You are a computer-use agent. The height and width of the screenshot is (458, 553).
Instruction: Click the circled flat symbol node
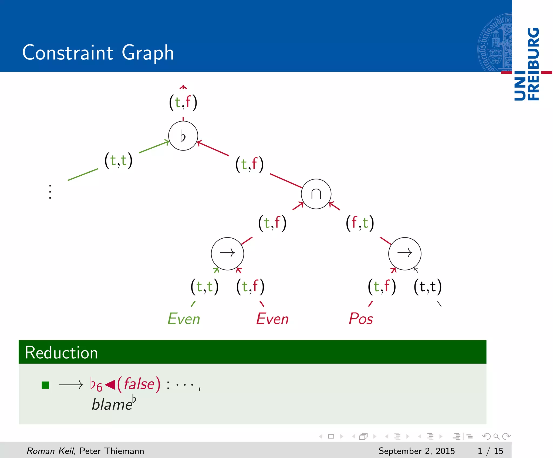(x=183, y=136)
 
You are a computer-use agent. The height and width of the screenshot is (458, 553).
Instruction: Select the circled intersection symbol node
(x=316, y=194)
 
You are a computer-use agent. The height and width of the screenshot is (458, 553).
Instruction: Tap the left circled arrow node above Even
(x=227, y=253)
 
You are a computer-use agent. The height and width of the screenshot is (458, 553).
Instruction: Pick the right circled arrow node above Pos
(x=404, y=253)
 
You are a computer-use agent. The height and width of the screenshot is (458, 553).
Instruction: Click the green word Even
(x=184, y=319)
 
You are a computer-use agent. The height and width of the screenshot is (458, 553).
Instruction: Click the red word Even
(x=272, y=319)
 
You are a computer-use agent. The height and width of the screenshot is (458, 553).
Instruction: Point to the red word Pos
(x=361, y=319)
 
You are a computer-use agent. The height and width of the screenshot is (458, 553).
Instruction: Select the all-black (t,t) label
(x=427, y=286)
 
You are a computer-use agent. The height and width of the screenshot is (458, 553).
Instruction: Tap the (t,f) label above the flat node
(x=183, y=102)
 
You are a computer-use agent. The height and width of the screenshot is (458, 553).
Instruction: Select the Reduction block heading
(x=61, y=352)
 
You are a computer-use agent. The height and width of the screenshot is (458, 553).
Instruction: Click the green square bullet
(x=45, y=385)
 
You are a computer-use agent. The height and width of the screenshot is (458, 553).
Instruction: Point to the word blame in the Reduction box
(x=112, y=405)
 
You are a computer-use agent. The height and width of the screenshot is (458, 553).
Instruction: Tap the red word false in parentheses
(x=139, y=384)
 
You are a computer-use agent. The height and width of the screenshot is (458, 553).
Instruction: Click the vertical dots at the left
(x=50, y=192)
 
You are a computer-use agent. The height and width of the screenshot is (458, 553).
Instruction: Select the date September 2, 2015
(x=416, y=451)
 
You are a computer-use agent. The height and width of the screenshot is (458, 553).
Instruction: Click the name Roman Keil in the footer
(x=50, y=451)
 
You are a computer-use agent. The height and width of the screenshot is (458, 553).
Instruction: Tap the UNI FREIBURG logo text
(x=527, y=64)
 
